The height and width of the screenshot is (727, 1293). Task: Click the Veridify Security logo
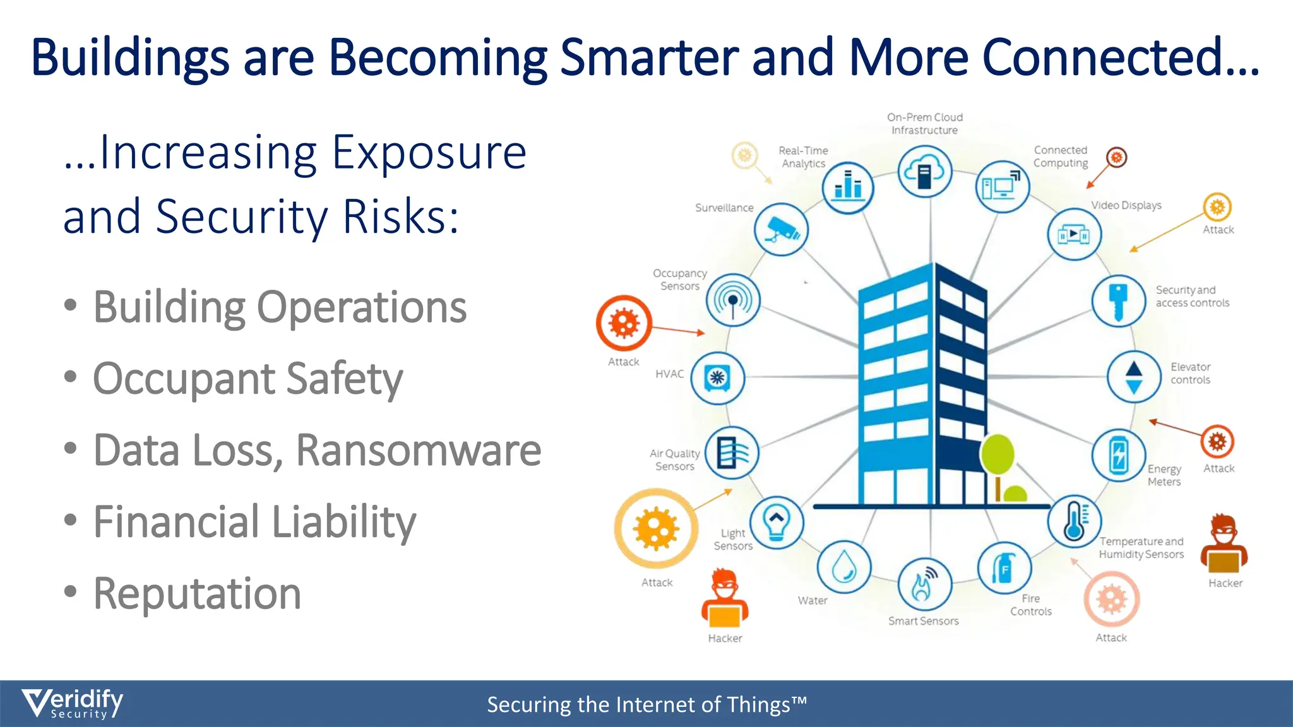coord(73,703)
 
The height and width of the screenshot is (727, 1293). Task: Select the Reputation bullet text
coord(197,594)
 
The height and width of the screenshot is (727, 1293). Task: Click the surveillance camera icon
coord(781,229)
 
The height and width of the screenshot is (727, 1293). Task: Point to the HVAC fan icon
coord(718,378)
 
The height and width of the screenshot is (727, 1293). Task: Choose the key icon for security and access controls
coord(1118,301)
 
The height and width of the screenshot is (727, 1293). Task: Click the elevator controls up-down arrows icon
coord(1134,377)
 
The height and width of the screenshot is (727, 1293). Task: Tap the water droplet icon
coord(844,567)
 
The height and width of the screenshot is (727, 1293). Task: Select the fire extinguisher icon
coord(1004,569)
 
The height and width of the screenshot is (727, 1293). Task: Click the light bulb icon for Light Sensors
coord(777,522)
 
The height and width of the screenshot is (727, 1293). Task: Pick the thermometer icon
coord(1075,521)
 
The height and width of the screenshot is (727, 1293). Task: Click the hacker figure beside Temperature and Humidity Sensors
coord(1224,544)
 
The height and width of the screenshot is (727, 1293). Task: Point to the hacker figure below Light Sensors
coord(725,599)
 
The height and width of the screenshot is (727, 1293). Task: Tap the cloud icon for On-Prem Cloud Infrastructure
coord(925,171)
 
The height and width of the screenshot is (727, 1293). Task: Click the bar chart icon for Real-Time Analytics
coord(848,187)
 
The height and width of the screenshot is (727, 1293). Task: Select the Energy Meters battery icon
coord(1118,455)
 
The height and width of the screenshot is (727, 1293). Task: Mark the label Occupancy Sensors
coord(680,280)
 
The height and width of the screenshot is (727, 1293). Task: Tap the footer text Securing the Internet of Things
coord(646,704)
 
